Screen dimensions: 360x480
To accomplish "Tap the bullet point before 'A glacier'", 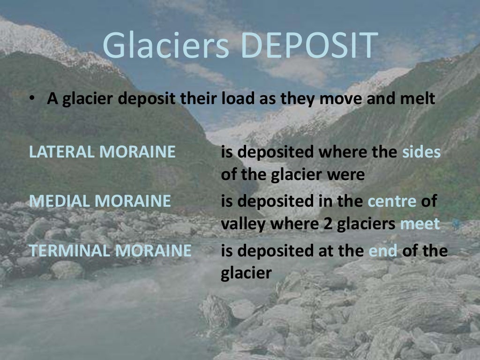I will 31,100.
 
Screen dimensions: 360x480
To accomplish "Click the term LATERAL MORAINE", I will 102,152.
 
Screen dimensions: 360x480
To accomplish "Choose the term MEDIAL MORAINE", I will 100,201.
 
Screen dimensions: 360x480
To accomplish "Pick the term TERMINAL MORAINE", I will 111,250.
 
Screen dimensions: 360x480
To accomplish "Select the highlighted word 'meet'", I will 420,224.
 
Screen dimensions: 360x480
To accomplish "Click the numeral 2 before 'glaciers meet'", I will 327,224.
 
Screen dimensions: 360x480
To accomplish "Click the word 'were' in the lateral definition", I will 346,175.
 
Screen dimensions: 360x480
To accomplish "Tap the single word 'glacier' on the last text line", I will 246,274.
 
